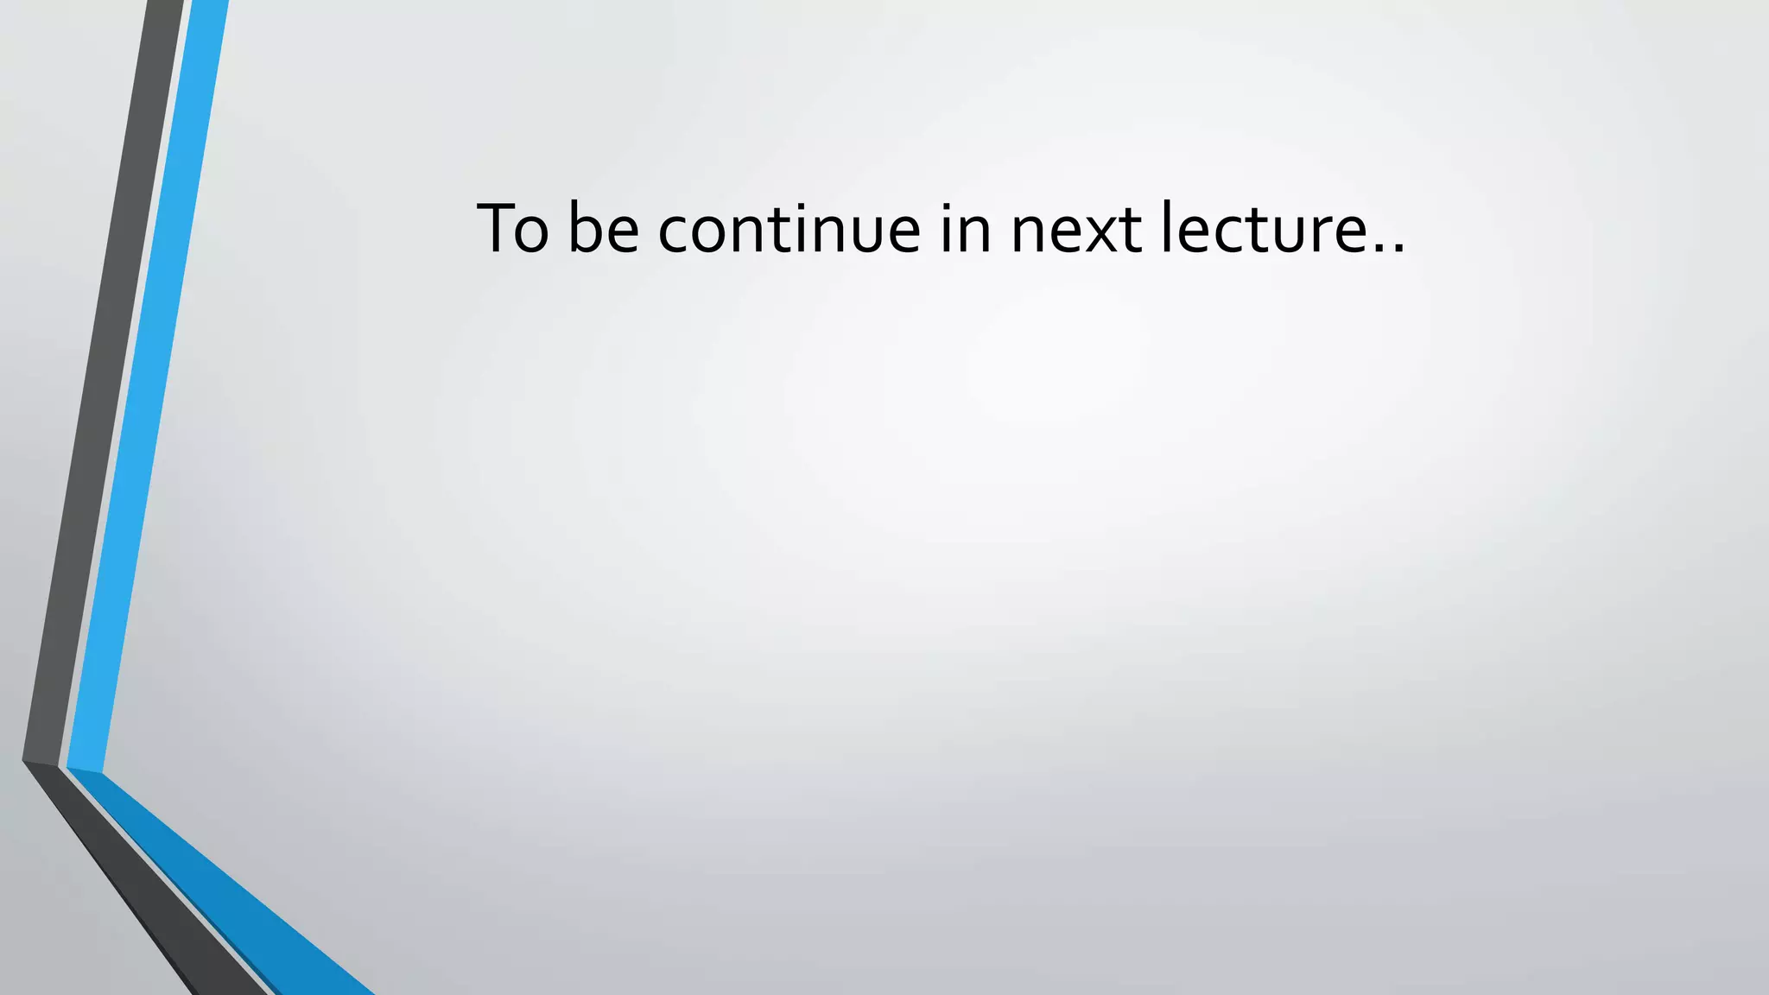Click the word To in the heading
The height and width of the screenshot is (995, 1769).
512,228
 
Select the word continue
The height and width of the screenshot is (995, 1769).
789,228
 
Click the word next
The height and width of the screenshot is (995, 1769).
1076,230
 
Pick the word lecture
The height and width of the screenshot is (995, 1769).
1260,228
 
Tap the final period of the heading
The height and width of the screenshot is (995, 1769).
1398,250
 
